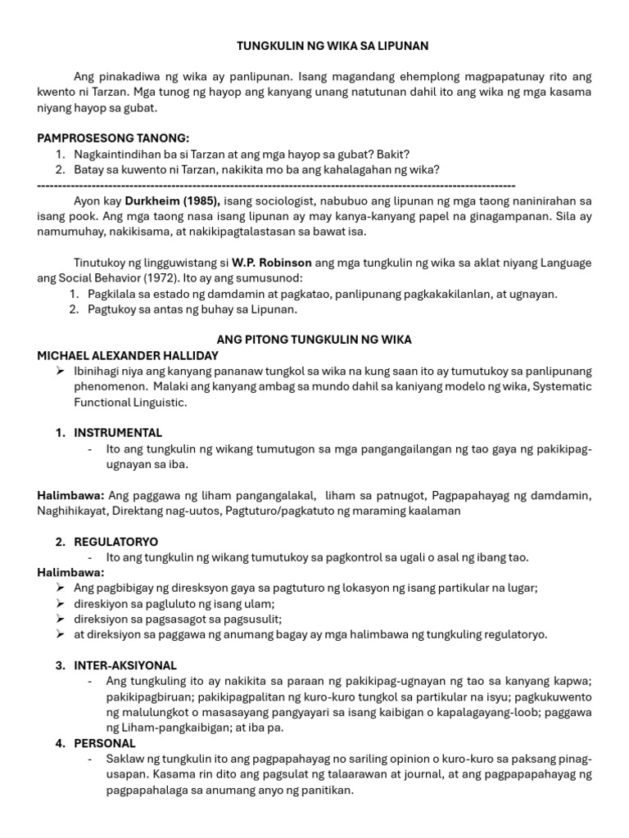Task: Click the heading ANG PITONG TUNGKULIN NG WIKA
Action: (x=314, y=340)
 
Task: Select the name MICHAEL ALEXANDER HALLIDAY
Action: (x=127, y=355)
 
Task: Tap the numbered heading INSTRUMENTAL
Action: (x=118, y=433)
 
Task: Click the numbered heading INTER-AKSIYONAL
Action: (x=125, y=665)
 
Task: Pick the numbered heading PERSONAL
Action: (x=105, y=743)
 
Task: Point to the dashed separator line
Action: (x=277, y=185)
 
